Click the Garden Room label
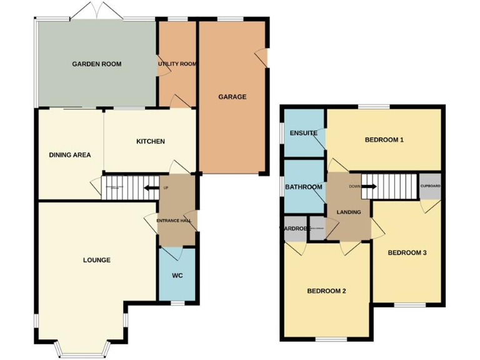pyautogui.click(x=96, y=64)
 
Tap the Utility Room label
pyautogui.click(x=177, y=64)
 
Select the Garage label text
pyautogui.click(x=232, y=97)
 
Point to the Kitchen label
pyautogui.click(x=151, y=141)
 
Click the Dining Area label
pyautogui.click(x=70, y=154)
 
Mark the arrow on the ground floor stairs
pyautogui.click(x=150, y=187)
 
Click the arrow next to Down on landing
pyautogui.click(x=369, y=186)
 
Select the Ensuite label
pyautogui.click(x=303, y=133)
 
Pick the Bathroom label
pyautogui.click(x=303, y=187)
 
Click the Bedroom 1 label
pyautogui.click(x=384, y=139)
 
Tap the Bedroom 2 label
pyautogui.click(x=326, y=291)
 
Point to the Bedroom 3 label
pyautogui.click(x=407, y=252)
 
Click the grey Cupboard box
pyautogui.click(x=430, y=187)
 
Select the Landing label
pyautogui.click(x=349, y=212)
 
